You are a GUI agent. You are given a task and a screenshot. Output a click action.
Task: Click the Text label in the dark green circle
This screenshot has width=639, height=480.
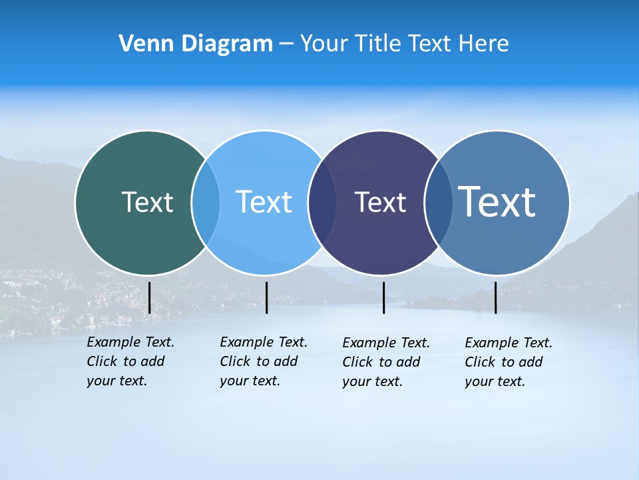147,202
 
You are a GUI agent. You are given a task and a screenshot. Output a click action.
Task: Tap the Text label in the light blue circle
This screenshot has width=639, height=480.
264,202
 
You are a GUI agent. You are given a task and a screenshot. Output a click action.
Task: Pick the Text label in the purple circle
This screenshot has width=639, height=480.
380,202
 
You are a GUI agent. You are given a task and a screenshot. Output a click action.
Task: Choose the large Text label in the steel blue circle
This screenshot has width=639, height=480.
497,201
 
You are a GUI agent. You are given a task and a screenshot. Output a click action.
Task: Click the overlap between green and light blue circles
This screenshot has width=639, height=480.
206,202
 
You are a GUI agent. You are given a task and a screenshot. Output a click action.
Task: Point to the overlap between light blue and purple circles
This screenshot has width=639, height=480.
322,202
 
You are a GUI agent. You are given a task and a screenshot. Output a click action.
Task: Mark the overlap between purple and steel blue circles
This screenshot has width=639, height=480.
438,202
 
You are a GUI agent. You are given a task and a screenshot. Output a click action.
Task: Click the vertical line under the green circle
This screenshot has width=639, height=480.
149,297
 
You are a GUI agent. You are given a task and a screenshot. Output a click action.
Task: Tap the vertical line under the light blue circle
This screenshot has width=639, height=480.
266,297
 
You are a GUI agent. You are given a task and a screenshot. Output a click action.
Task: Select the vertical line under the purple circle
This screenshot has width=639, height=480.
383,297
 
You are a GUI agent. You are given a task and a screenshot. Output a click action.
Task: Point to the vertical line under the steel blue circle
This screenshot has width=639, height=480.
495,297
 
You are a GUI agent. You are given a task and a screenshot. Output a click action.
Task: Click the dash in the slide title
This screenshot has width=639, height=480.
286,45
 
